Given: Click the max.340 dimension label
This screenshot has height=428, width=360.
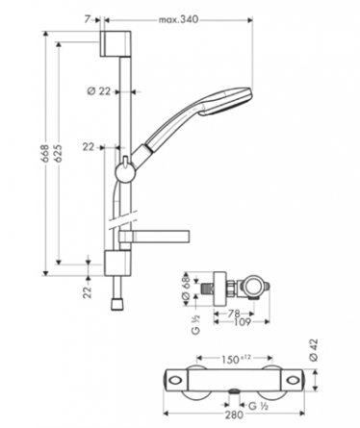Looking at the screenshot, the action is click(178, 20).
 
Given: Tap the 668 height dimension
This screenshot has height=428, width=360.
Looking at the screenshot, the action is click(45, 154).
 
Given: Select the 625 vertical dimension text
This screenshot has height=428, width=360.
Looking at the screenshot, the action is click(58, 154).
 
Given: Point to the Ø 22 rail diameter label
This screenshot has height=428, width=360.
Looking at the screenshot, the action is click(99, 91).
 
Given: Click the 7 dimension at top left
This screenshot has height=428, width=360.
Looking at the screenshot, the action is click(88, 20).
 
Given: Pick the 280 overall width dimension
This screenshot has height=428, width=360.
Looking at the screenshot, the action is click(234, 415).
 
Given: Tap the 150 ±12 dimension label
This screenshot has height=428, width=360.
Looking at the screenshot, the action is click(236, 359).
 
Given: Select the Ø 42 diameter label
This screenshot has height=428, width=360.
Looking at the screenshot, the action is click(314, 350).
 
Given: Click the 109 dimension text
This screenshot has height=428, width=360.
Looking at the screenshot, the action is click(242, 322).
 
